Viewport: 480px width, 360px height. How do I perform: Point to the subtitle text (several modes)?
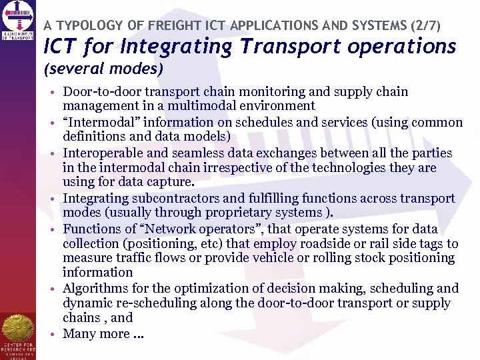pos(103,68)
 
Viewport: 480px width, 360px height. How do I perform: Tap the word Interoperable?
pos(103,153)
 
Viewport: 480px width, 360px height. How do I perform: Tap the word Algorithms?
pos(95,288)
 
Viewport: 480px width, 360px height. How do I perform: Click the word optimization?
pos(192,288)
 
